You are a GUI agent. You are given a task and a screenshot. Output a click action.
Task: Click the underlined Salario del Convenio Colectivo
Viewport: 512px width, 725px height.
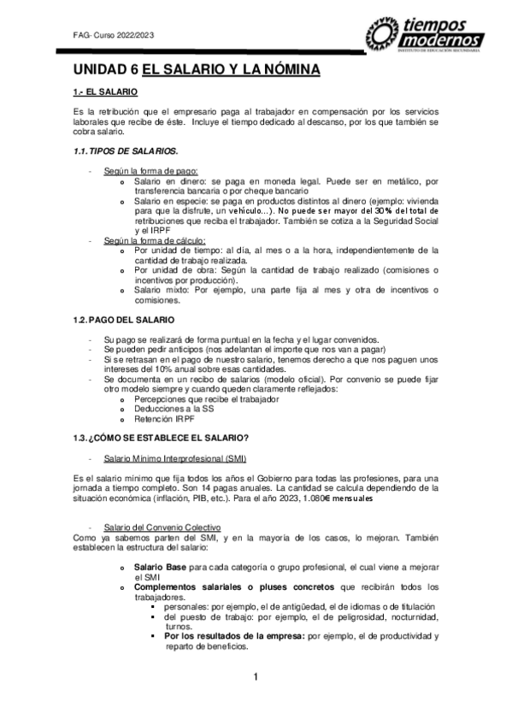point(162,528)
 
